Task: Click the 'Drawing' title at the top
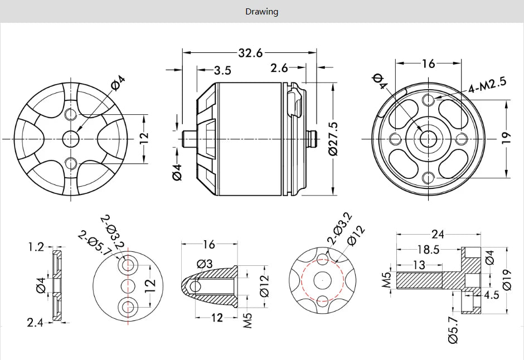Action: pyautogui.click(x=261, y=11)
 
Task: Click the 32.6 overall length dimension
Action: pyautogui.click(x=250, y=53)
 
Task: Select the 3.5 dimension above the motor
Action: pyautogui.click(x=222, y=71)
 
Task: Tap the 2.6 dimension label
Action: pyautogui.click(x=279, y=68)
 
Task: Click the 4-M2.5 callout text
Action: pyautogui.click(x=487, y=85)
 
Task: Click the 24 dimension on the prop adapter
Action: pyautogui.click(x=438, y=234)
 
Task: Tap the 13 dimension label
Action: pyautogui.click(x=419, y=265)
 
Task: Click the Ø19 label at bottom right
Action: pyautogui.click(x=507, y=279)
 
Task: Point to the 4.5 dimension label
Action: pyautogui.click(x=492, y=295)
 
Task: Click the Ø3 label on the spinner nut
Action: pyautogui.click(x=205, y=264)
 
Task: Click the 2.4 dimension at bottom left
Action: pyautogui.click(x=35, y=322)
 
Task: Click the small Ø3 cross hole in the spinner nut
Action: pyautogui.click(x=195, y=286)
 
